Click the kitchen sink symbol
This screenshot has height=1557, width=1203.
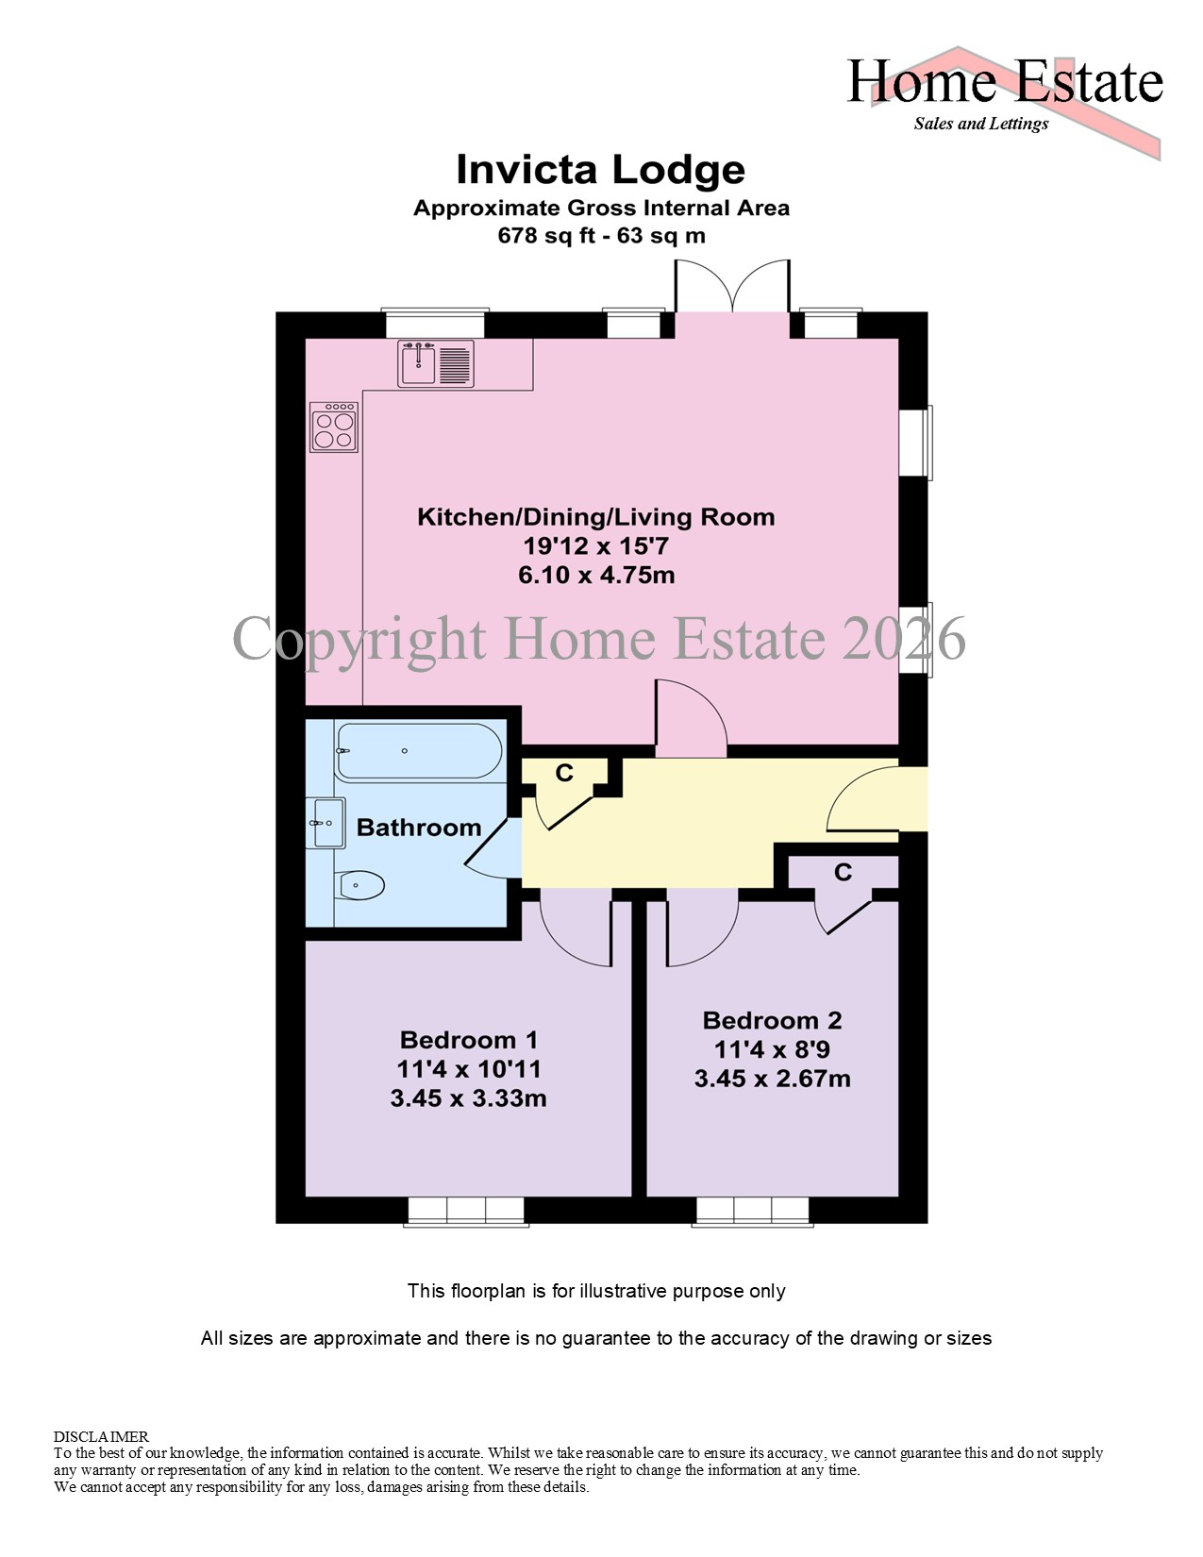point(436,363)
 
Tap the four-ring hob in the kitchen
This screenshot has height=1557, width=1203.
point(334,427)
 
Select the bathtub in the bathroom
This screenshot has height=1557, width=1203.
point(419,751)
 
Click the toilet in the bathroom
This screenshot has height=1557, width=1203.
point(361,886)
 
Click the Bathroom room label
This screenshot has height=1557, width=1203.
point(419,828)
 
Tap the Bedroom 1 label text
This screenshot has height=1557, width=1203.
point(469,1040)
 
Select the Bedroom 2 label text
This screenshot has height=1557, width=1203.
point(773,1020)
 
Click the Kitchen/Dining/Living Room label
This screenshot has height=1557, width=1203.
point(596,517)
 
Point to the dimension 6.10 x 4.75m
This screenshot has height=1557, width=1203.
point(597,576)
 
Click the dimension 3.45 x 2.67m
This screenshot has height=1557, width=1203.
point(773,1079)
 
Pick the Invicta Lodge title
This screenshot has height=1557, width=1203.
point(601,170)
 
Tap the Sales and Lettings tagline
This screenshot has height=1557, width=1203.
point(981,124)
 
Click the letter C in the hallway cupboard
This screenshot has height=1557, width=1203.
point(564,773)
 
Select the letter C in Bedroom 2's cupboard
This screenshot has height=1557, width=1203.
point(844,872)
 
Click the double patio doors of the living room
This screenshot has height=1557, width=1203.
point(732,287)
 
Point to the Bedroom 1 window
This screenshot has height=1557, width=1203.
point(466,1211)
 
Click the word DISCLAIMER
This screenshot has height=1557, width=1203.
point(101,1436)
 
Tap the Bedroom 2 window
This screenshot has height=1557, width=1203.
point(752,1211)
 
